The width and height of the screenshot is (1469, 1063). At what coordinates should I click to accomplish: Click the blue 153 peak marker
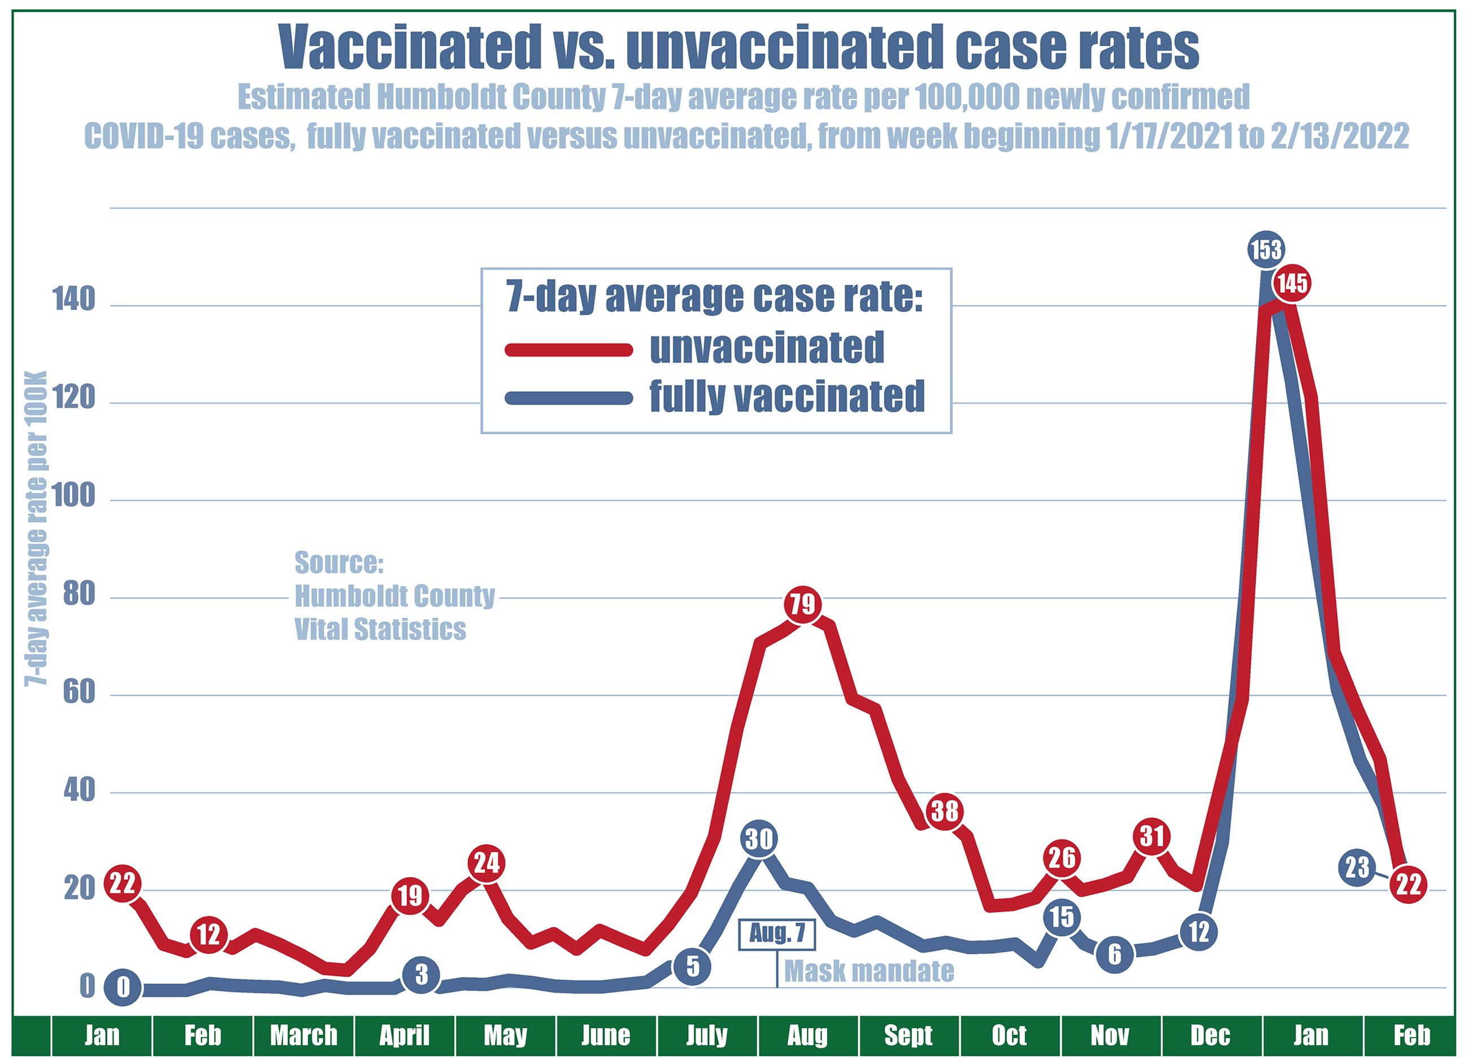tap(1266, 249)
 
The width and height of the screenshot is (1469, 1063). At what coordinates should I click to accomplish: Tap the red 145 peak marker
tap(1292, 283)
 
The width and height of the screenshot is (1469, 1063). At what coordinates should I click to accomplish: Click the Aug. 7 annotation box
tap(777, 934)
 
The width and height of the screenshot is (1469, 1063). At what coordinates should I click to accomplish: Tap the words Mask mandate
tap(869, 971)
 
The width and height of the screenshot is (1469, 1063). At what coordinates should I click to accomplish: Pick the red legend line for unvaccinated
tap(568, 350)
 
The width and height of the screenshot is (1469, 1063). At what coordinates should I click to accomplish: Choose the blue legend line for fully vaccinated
tap(568, 398)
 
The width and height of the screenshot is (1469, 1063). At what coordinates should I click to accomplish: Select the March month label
tap(304, 1035)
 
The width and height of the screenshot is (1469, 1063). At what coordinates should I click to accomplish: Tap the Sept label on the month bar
tap(908, 1035)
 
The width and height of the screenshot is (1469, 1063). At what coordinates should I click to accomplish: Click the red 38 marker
tap(944, 810)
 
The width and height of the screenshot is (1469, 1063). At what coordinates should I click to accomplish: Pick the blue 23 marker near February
tap(1357, 867)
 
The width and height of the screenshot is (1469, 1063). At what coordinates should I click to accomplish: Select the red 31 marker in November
tap(1151, 836)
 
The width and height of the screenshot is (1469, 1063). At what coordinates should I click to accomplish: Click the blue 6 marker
tap(1114, 954)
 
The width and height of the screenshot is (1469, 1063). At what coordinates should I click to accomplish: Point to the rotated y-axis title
tap(36, 527)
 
